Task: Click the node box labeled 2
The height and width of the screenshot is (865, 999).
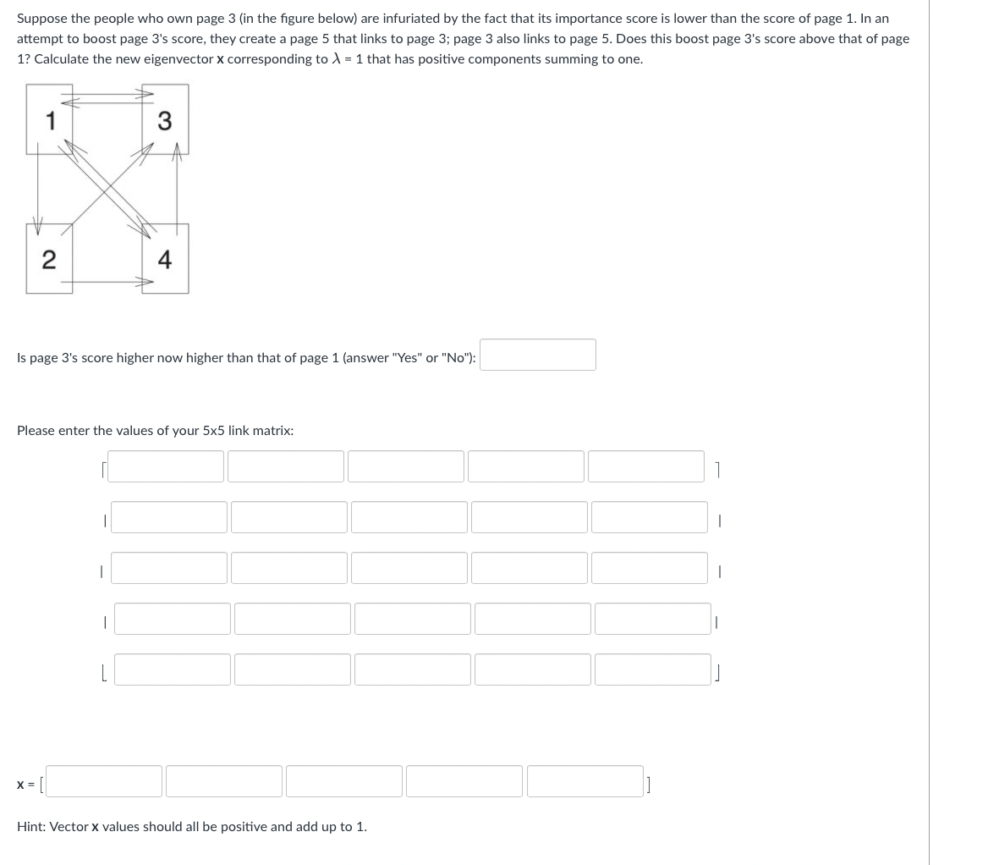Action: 49,258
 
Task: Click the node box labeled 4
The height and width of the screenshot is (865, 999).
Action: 165,258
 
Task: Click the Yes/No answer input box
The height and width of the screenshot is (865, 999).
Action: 538,355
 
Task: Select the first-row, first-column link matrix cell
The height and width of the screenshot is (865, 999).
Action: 166,466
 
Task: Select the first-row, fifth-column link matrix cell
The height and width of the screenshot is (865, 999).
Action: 646,466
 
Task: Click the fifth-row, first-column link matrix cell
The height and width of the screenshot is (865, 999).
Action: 173,669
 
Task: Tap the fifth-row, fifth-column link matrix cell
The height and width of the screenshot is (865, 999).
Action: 653,669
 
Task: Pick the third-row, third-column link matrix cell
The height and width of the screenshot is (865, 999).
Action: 409,568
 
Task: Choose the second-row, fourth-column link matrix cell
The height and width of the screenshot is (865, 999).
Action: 529,517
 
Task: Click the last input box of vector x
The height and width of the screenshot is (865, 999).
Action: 585,781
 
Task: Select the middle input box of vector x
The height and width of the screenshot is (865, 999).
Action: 344,781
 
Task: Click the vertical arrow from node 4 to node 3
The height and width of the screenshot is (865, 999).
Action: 177,190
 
